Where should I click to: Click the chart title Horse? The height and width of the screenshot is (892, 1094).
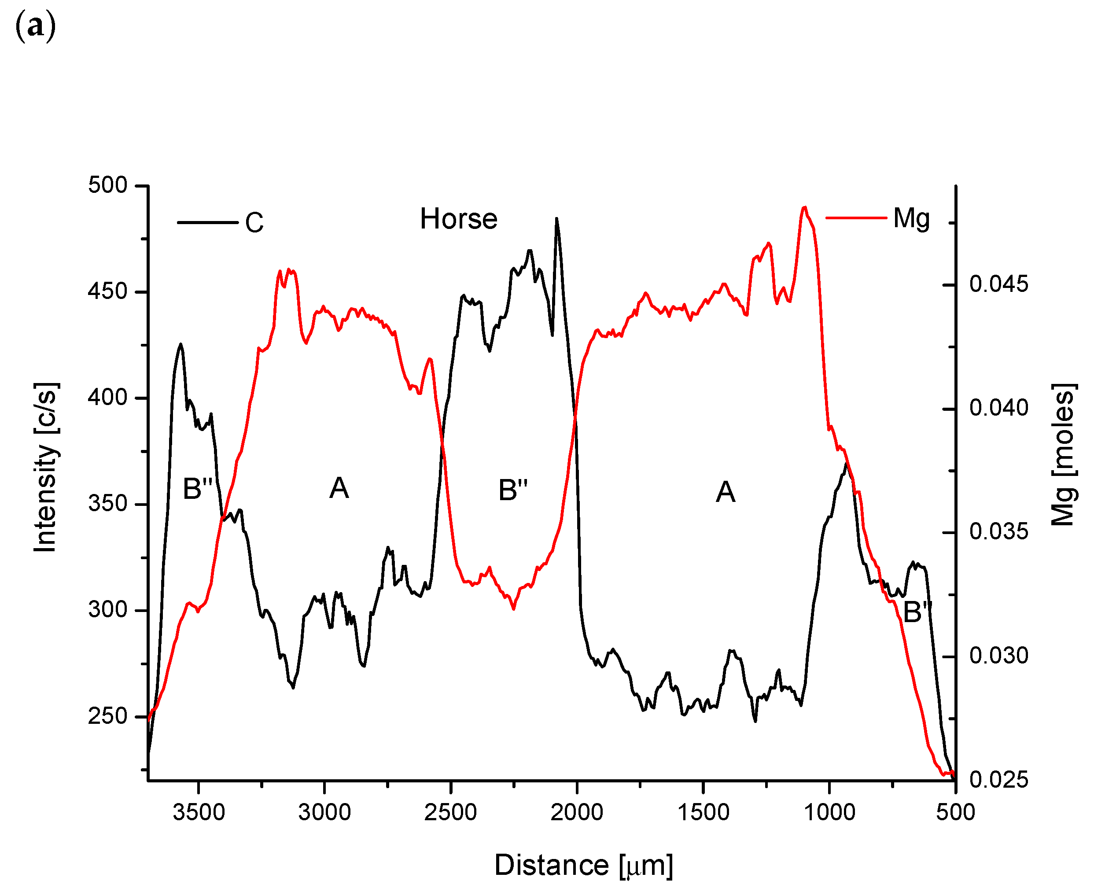coord(458,219)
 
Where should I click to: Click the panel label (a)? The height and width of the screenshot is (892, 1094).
coord(35,26)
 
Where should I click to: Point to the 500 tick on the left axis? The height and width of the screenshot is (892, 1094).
coord(107,185)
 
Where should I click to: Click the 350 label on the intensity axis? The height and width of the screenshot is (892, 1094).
coord(107,504)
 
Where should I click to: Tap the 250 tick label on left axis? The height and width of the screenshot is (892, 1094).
coord(107,716)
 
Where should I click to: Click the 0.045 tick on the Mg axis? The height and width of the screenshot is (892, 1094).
coord(998,284)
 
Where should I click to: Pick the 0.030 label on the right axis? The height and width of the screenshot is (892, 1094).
coord(998,656)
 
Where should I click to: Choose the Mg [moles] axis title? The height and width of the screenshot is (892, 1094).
coord(1063,455)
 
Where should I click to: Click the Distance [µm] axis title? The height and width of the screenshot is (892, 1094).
coord(583,865)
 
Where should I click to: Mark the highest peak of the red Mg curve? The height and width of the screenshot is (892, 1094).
coord(804,207)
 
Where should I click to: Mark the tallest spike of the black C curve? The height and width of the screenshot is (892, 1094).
coord(556,218)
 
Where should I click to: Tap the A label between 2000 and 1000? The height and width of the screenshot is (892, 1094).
coord(725,492)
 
